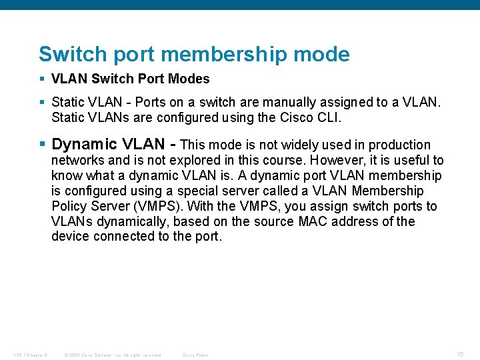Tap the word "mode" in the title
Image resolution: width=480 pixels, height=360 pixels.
pyautogui.click(x=326, y=54)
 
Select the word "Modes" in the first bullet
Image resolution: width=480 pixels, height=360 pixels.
pyautogui.click(x=190, y=79)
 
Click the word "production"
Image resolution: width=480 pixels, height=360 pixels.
pyautogui.click(x=399, y=145)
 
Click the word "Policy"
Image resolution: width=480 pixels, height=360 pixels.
pyautogui.click(x=70, y=206)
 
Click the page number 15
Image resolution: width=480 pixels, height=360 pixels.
pyautogui.click(x=461, y=354)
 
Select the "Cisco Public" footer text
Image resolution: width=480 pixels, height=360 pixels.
pyautogui.click(x=195, y=355)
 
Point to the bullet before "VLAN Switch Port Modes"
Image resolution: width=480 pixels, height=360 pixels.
pyautogui.click(x=43, y=79)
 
